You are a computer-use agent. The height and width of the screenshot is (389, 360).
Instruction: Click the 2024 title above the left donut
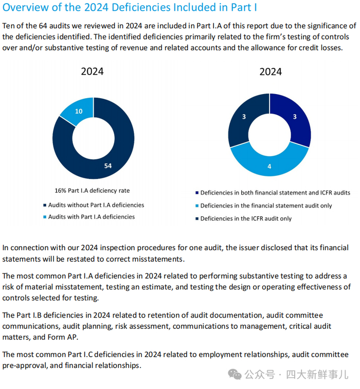point(92,71)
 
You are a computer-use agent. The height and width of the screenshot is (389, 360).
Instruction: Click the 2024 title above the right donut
point(270,71)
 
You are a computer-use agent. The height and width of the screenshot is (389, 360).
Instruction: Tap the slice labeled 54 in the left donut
point(108,165)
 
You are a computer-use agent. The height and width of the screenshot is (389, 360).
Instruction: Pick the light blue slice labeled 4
point(269,166)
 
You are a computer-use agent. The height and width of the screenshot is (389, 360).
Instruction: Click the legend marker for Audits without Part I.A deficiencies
point(44,206)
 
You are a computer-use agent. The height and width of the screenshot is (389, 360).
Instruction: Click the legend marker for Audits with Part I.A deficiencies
point(44,217)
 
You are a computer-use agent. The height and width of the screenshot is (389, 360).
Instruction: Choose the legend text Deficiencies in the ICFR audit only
point(246,218)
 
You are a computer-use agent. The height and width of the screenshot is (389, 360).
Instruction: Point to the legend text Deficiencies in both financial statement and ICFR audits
point(275,193)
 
